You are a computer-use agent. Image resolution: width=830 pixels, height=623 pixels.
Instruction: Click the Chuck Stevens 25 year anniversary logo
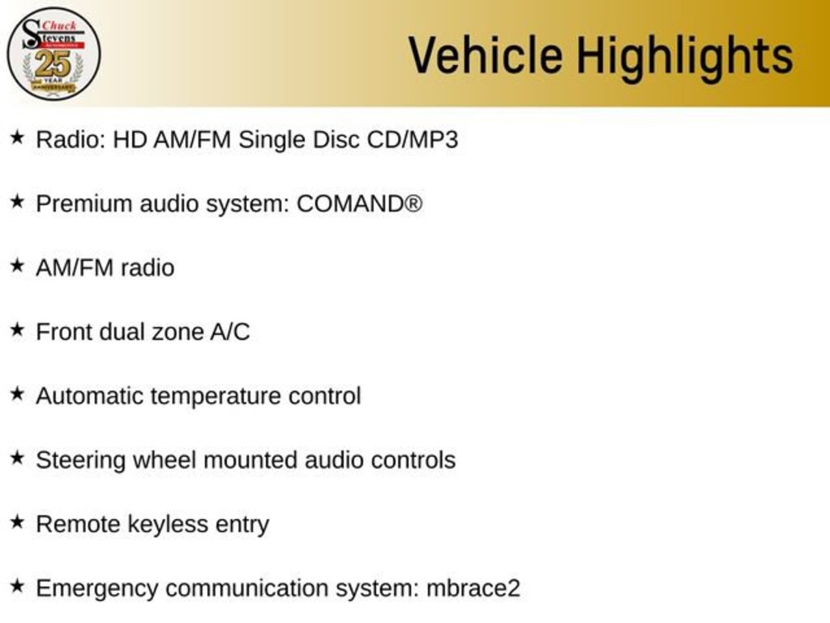53,54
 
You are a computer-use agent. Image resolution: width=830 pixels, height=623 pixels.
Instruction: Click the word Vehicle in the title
486,54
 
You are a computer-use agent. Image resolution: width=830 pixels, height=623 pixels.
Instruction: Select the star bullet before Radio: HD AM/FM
18,138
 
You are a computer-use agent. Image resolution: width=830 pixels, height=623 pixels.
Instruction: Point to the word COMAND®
359,204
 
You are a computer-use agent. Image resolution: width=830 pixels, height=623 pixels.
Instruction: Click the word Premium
84,204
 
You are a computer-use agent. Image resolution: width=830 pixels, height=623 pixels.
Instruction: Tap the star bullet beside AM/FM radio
18,265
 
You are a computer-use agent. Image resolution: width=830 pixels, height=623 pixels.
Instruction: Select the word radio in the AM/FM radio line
148,268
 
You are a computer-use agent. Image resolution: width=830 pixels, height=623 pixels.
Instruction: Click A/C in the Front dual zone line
229,332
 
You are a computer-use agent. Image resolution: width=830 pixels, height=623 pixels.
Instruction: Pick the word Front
63,332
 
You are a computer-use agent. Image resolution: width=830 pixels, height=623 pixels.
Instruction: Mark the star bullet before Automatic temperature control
18,393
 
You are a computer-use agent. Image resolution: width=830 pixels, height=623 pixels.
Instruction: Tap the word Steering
80,461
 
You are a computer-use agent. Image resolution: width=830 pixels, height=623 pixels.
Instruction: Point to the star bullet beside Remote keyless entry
18,522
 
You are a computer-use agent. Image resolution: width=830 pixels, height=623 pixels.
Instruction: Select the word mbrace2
473,589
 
